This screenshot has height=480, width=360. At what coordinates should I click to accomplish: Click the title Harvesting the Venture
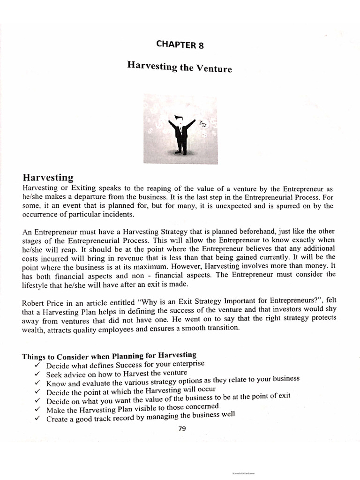pyautogui.click(x=180, y=67)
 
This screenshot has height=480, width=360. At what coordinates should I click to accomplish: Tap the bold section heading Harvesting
pyautogui.click(x=48, y=178)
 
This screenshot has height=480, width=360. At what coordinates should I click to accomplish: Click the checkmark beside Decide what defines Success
pyautogui.click(x=37, y=365)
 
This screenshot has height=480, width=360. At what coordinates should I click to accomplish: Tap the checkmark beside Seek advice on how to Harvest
pyautogui.click(x=37, y=374)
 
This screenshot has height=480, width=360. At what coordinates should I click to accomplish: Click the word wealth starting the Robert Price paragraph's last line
pyautogui.click(x=34, y=329)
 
